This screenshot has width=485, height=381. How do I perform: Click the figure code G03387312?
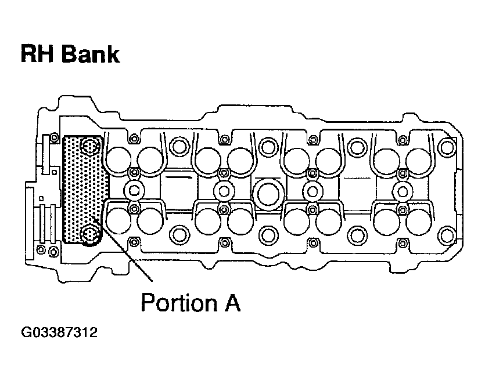[58, 333]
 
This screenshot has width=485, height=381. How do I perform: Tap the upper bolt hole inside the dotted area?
[89, 147]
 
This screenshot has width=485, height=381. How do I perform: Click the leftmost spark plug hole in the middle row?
[134, 190]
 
